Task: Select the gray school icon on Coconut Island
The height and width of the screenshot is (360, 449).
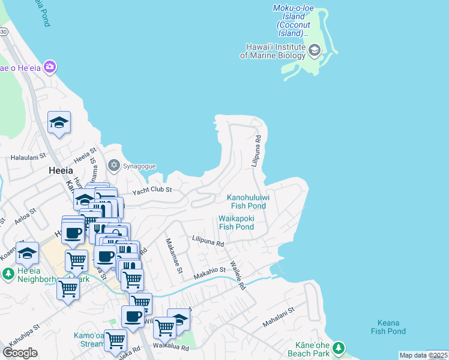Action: pos(315,50)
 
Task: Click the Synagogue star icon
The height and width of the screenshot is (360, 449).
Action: pos(113,165)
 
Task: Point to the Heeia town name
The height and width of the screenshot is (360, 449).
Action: pos(61,170)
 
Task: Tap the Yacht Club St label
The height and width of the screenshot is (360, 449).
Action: pos(152,190)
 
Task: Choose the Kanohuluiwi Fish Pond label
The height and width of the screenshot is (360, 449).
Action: pos(247,202)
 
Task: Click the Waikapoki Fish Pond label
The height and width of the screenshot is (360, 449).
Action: pos(237,223)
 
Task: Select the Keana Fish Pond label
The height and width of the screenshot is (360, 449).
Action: pos(388,327)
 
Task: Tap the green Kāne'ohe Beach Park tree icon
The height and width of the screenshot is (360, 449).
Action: pos(339,347)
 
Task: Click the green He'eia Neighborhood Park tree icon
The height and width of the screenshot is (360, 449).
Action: pos(8,274)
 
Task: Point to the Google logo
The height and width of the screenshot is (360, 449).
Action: pos(20,352)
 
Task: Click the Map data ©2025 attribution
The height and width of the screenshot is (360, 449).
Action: pos(423,355)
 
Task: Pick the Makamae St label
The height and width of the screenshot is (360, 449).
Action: pos(173,256)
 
